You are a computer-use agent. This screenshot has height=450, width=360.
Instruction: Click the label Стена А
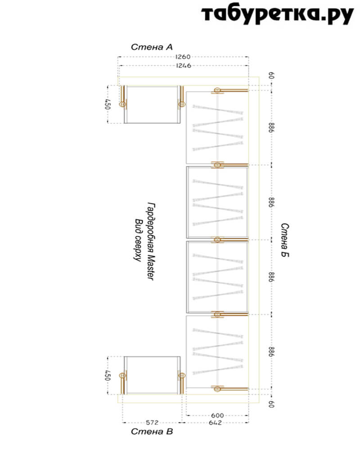click(152, 47)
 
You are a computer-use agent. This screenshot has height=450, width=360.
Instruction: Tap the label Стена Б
click(284, 240)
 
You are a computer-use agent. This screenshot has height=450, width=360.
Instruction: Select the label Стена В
click(152, 432)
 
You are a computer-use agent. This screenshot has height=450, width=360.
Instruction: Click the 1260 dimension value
click(183, 57)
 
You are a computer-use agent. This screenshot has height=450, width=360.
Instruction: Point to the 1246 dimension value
click(184, 65)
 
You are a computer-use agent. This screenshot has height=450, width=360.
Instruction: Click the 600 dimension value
click(217, 415)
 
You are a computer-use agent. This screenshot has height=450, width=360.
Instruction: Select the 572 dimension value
click(152, 423)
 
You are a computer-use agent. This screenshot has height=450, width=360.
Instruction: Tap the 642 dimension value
click(215, 423)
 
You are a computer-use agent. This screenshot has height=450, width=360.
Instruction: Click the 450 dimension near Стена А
click(107, 104)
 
